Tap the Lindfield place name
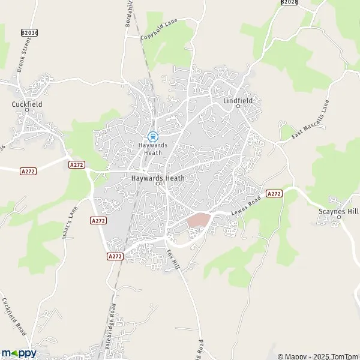click(x=238, y=101)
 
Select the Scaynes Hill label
click(x=339, y=211)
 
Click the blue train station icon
click(x=152, y=136)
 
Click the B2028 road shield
click(x=289, y=2)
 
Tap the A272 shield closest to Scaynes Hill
click(x=274, y=193)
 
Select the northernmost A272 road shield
click(x=76, y=164)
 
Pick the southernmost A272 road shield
click(x=115, y=256)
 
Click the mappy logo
click(x=19, y=353)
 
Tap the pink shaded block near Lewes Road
click(x=198, y=220)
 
